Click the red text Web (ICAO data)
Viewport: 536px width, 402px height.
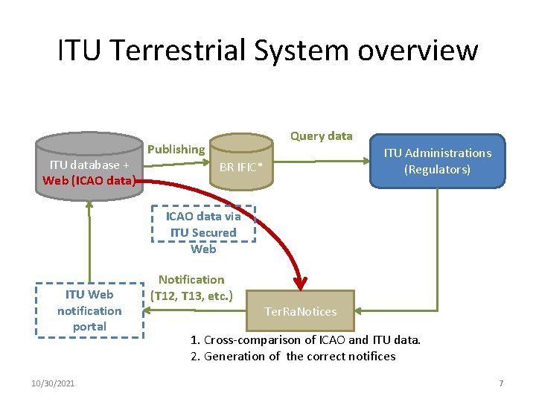(x=89, y=180)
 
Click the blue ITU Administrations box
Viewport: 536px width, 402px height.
(x=437, y=162)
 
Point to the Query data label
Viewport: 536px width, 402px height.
(x=321, y=135)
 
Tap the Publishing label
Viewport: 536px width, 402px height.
(x=176, y=149)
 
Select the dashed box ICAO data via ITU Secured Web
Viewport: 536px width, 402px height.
(x=203, y=225)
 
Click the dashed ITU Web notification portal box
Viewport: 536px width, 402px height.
(x=89, y=310)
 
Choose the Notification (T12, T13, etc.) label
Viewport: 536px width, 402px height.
(x=191, y=287)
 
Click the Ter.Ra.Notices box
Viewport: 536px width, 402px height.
(x=301, y=311)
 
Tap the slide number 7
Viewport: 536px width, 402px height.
(x=501, y=383)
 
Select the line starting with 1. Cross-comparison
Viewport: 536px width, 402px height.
(x=305, y=340)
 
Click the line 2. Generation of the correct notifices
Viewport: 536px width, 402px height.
(x=293, y=356)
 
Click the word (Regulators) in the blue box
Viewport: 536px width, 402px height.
(x=437, y=169)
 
